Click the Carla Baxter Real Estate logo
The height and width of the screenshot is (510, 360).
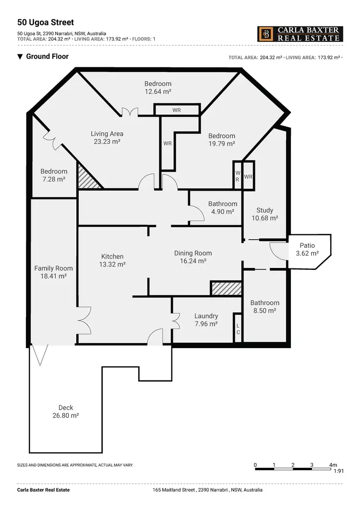tap(300, 34)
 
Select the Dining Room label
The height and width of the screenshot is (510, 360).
tap(192, 257)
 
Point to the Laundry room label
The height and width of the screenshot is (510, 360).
tap(206, 320)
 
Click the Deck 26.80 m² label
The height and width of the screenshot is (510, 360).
tap(66, 412)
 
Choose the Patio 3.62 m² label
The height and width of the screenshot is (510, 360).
tap(307, 249)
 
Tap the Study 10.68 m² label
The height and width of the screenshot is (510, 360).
tap(264, 214)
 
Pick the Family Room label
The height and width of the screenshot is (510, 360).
tap(53, 272)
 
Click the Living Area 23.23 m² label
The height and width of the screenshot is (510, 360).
tap(107, 138)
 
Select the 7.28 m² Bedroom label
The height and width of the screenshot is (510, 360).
tap(54, 175)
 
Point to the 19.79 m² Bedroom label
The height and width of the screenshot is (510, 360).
tap(221, 140)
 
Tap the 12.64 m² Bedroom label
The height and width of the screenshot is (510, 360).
tap(158, 87)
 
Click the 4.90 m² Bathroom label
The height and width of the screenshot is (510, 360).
tap(223, 207)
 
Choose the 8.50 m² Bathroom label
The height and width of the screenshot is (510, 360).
tap(264, 306)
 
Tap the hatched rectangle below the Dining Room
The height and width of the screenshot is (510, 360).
tap(226, 288)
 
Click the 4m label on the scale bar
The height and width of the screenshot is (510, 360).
tap(333, 465)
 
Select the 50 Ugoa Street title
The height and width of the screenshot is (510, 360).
tap(45, 22)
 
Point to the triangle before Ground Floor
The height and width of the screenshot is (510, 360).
tap(20, 57)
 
